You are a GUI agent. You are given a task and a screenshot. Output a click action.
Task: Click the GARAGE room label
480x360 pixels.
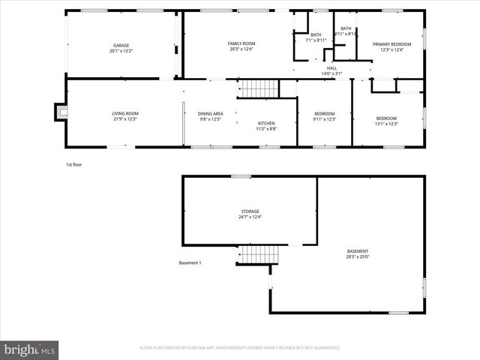pyautogui.click(x=121, y=46)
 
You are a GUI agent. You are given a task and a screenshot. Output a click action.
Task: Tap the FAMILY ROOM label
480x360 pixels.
pyautogui.click(x=241, y=43)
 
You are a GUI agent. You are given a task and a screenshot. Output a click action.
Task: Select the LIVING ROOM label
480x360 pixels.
pyautogui.click(x=125, y=113)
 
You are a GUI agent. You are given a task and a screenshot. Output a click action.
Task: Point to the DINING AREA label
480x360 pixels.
pyautogui.click(x=211, y=113)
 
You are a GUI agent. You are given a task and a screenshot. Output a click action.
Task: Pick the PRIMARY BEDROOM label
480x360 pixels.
pyautogui.click(x=392, y=43)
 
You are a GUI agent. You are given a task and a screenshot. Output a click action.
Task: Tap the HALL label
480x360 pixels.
pyautogui.click(x=331, y=68)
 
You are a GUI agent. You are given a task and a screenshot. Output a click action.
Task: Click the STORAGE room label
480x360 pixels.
pyautogui.click(x=250, y=211)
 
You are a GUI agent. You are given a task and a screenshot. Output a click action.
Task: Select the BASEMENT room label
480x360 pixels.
pyautogui.click(x=358, y=250)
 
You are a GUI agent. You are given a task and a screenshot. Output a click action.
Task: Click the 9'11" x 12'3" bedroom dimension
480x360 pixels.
pyautogui.click(x=325, y=119)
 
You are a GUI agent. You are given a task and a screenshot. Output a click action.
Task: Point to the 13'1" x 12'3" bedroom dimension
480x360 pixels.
pyautogui.click(x=386, y=124)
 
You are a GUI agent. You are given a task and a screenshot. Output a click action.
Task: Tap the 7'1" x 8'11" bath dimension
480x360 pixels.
pyautogui.click(x=316, y=40)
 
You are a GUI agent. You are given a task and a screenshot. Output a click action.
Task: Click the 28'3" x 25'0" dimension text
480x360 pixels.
pyautogui.click(x=358, y=256)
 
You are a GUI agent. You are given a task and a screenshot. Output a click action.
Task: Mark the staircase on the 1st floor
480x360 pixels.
pyautogui.click(x=259, y=88)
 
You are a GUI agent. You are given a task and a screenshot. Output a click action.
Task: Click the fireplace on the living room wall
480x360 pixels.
pyautogui.click(x=60, y=112)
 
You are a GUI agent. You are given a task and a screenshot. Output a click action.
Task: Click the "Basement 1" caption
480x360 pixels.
pyautogui.click(x=190, y=262)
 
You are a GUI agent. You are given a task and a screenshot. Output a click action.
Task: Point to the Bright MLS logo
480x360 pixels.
pyautogui.click(x=30, y=349)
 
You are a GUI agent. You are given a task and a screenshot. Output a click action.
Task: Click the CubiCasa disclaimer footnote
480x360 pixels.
pyautogui.click(x=239, y=348)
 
